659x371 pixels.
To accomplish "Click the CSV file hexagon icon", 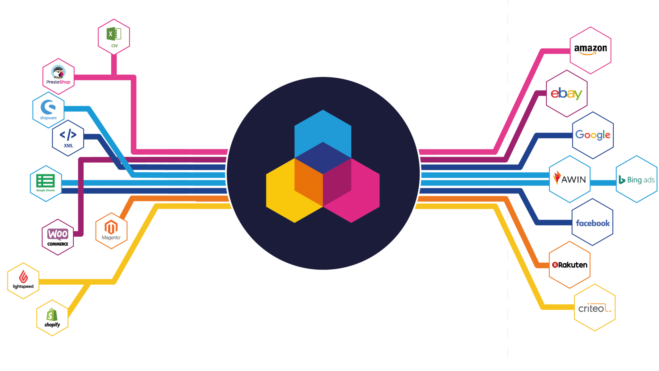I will point(114,37).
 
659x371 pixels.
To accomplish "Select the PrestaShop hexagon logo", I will point(58,76).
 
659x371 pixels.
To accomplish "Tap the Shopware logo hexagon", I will point(48,110).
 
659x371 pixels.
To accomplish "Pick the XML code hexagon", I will point(68,138).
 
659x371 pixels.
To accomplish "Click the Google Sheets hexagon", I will point(46,183).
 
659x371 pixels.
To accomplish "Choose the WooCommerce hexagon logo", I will point(58,237).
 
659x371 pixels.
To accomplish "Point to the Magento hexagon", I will point(111,231).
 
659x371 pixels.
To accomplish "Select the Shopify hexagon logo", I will point(52,318).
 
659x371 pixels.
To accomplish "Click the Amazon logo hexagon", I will point(590,50).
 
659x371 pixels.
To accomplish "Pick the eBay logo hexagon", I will point(567,94).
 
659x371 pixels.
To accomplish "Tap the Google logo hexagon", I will point(593,135).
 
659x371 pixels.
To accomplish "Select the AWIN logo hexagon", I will point(570,179).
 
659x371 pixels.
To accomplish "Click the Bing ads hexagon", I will point(636,179).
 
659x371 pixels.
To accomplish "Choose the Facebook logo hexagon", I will point(592,222).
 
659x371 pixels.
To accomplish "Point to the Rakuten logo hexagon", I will point(570,265).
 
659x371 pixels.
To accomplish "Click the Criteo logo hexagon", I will point(595,308).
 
